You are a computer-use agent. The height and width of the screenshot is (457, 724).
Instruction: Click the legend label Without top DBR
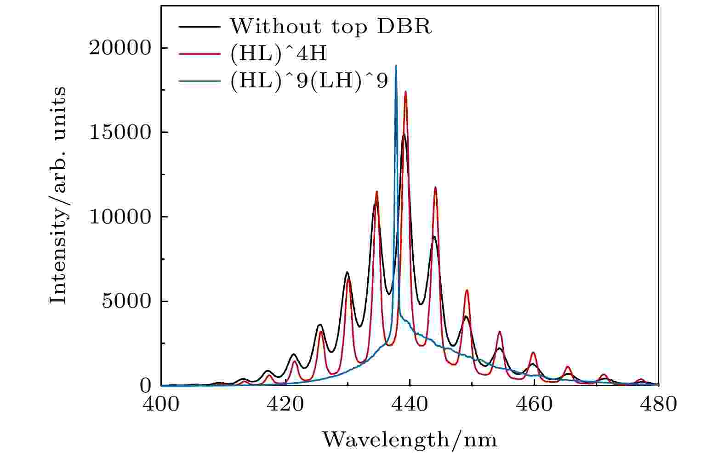(330, 27)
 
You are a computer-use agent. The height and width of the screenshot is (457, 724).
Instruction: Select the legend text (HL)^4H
(278, 54)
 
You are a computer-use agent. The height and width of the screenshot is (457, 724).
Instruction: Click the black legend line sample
(199, 27)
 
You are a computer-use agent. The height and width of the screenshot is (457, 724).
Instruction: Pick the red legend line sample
(199, 54)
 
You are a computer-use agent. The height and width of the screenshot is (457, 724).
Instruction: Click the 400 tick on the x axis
(161, 405)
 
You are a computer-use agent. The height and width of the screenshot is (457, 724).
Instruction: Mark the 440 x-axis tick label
(410, 405)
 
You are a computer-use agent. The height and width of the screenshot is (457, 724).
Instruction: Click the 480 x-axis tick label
(658, 405)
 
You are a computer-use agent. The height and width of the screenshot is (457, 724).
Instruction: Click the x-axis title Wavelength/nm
(409, 440)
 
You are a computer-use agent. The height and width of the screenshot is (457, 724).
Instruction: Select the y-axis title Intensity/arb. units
(58, 195)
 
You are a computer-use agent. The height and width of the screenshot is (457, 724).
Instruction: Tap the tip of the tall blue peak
(396, 66)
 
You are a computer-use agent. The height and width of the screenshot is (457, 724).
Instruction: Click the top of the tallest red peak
(405, 91)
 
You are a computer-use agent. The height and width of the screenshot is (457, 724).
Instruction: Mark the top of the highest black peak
(404, 134)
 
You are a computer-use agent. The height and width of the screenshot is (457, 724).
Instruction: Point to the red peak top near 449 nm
(467, 290)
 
